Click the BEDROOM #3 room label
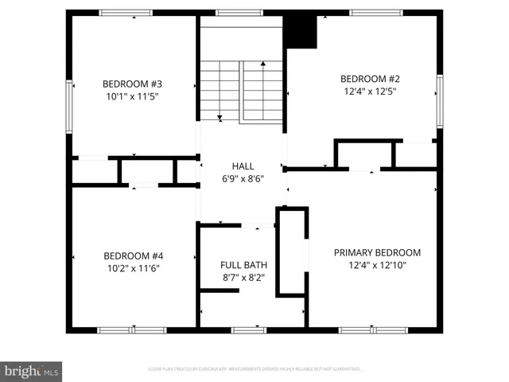click(133, 84)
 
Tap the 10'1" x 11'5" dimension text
click(133, 96)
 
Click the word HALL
click(243, 166)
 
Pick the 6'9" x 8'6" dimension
click(243, 179)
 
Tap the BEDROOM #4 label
click(134, 255)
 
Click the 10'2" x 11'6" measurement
click(134, 268)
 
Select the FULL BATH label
click(243, 265)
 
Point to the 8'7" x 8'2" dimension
click(243, 278)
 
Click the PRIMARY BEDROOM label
click(377, 252)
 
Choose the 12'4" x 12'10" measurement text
click(377, 265)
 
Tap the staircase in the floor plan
click(242, 90)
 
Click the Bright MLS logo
click(32, 371)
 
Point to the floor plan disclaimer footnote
click(254, 369)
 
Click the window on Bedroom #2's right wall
click(439, 101)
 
